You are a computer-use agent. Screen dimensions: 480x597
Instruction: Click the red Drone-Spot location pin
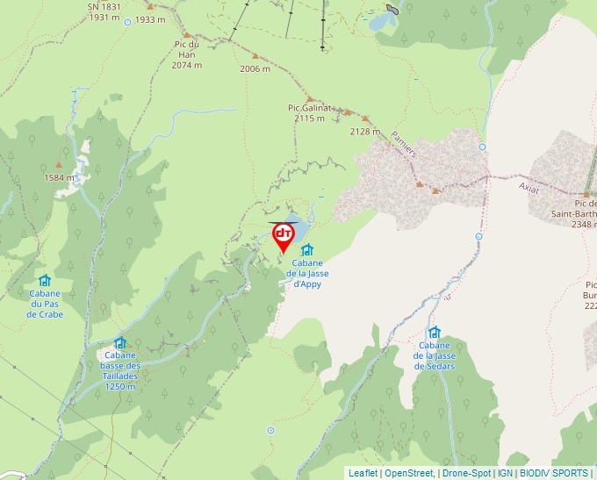tap(284, 236)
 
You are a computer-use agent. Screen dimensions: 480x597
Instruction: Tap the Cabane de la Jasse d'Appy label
tap(307, 273)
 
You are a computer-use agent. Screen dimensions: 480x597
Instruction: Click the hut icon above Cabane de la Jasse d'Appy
tap(307, 250)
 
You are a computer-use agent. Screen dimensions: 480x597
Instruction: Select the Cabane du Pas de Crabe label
tap(45, 304)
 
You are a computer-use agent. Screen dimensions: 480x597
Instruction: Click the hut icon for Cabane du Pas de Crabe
tap(45, 281)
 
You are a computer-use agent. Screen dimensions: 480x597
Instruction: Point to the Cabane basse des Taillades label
tap(120, 366)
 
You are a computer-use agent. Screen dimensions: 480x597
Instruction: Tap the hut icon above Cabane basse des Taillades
tap(120, 343)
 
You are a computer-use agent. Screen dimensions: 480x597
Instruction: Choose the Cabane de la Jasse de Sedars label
tap(435, 356)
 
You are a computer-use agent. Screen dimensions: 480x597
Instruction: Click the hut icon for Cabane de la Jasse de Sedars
tap(434, 333)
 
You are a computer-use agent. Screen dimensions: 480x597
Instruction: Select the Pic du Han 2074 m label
tap(186, 54)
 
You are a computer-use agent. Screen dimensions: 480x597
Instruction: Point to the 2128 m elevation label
tap(364, 132)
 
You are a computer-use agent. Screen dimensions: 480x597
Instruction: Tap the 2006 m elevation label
tap(255, 68)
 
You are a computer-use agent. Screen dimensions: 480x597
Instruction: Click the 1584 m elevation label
tap(59, 177)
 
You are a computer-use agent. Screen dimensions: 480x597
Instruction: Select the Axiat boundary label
tap(529, 186)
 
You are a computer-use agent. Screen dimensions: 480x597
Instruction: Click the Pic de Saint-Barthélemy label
tap(574, 213)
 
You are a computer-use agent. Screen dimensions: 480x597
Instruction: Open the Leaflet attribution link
tap(363, 473)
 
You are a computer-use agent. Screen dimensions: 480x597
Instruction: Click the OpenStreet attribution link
tap(408, 473)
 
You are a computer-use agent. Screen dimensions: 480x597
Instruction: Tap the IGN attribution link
tap(505, 473)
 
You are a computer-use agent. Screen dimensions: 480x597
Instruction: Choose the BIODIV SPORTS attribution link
tap(554, 473)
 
